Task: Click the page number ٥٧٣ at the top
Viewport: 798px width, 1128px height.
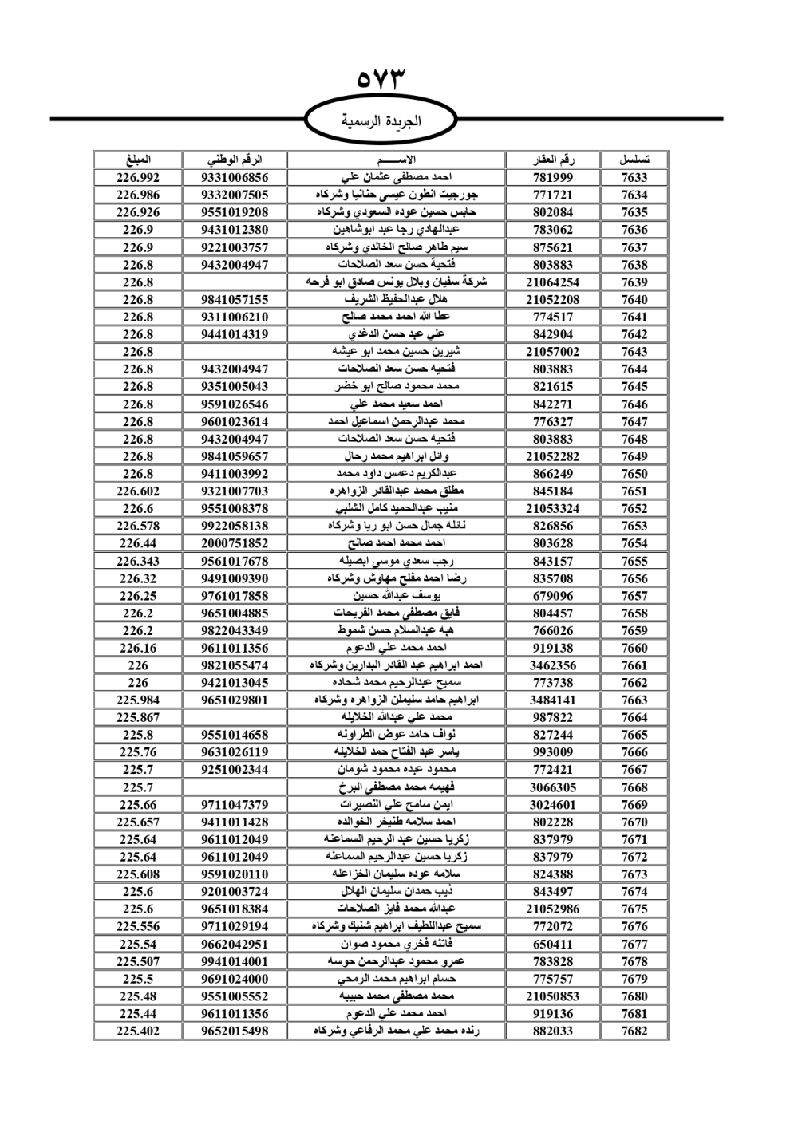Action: click(381, 78)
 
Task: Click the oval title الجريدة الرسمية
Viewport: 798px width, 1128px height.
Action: click(381, 121)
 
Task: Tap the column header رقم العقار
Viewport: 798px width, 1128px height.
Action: click(553, 160)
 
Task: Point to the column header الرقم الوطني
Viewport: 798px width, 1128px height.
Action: click(235, 160)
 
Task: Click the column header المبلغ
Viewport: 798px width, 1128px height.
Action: click(138, 160)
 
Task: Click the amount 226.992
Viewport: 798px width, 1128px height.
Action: click(138, 177)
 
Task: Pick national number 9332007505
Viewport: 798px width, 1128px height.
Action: click(235, 195)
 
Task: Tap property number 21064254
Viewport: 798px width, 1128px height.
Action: click(553, 282)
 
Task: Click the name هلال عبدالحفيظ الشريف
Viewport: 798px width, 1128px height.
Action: click(396, 299)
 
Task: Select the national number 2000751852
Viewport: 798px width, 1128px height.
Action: click(235, 543)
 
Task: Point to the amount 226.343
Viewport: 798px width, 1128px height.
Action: click(138, 561)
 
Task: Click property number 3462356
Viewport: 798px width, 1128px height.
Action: click(553, 665)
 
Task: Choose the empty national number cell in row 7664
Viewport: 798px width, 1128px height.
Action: click(235, 717)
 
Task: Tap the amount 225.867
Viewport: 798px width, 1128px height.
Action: click(138, 717)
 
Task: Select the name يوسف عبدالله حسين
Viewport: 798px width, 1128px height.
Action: click(396, 596)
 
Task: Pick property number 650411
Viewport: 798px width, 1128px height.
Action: click(553, 944)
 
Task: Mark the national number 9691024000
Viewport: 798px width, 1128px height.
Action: click(235, 979)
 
